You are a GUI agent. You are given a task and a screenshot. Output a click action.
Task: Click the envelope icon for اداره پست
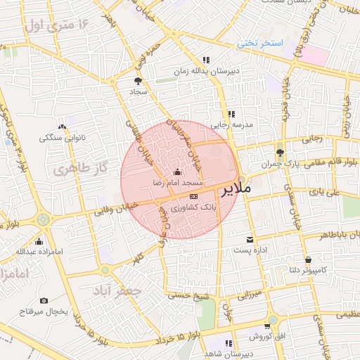click(x=250, y=239)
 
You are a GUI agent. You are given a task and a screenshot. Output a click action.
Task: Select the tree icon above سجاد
click(x=138, y=81)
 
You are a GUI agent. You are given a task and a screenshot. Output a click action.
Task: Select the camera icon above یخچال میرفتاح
click(x=44, y=300)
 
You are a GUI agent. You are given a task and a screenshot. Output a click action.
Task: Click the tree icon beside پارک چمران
click(x=281, y=152)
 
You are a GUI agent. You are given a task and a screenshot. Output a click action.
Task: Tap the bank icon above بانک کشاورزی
click(x=194, y=197)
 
